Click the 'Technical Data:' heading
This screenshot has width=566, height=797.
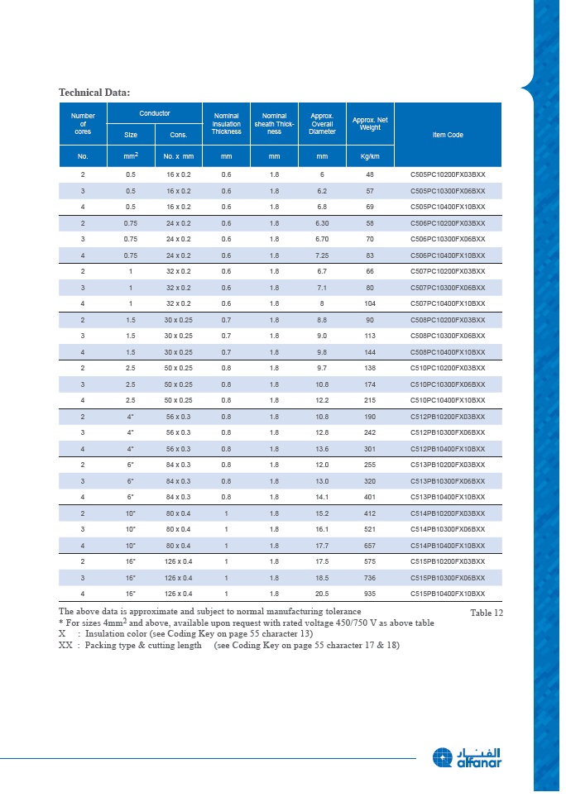tap(94, 92)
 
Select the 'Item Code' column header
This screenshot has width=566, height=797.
tap(448, 135)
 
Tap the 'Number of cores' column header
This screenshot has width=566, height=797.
tap(83, 123)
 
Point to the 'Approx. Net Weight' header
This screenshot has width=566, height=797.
tap(370, 123)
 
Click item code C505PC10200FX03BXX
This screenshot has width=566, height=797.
tap(448, 175)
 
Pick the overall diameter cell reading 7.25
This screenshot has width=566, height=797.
tap(323, 255)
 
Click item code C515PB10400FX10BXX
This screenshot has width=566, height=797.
tap(448, 594)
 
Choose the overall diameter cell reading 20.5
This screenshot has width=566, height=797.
tap(323, 594)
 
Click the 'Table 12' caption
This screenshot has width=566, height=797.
tap(487, 613)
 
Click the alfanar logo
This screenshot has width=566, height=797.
tap(467, 757)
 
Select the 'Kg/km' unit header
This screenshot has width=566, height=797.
tap(370, 155)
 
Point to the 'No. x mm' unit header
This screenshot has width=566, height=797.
tap(178, 155)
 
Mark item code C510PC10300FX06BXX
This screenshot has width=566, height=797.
tap(448, 384)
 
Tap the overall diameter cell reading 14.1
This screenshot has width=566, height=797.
tap(323, 497)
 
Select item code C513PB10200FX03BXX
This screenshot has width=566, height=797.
tap(448, 465)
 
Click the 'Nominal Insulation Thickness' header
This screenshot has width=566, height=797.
tap(226, 123)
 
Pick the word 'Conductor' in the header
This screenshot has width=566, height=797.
tap(155, 112)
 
